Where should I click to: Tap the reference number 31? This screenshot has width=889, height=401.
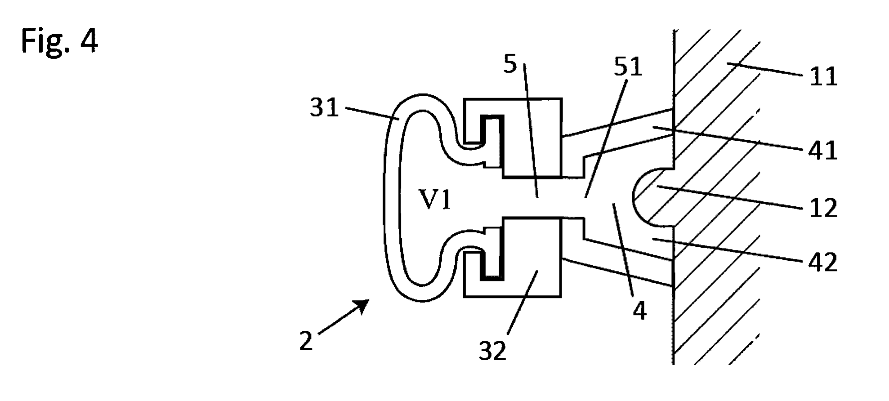point(324,108)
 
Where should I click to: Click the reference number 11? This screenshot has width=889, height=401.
point(823,76)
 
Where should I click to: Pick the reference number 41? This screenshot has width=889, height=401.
point(823,151)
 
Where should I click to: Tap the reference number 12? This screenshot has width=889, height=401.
point(823,208)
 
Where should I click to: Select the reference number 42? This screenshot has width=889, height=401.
point(823,262)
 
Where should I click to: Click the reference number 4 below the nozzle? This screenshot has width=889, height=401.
point(639,311)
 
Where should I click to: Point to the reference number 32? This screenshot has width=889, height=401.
point(492,351)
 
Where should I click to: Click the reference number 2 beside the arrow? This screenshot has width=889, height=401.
point(306,341)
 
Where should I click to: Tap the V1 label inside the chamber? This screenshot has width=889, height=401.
point(435,200)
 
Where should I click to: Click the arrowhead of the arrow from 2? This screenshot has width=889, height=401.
point(364,305)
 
